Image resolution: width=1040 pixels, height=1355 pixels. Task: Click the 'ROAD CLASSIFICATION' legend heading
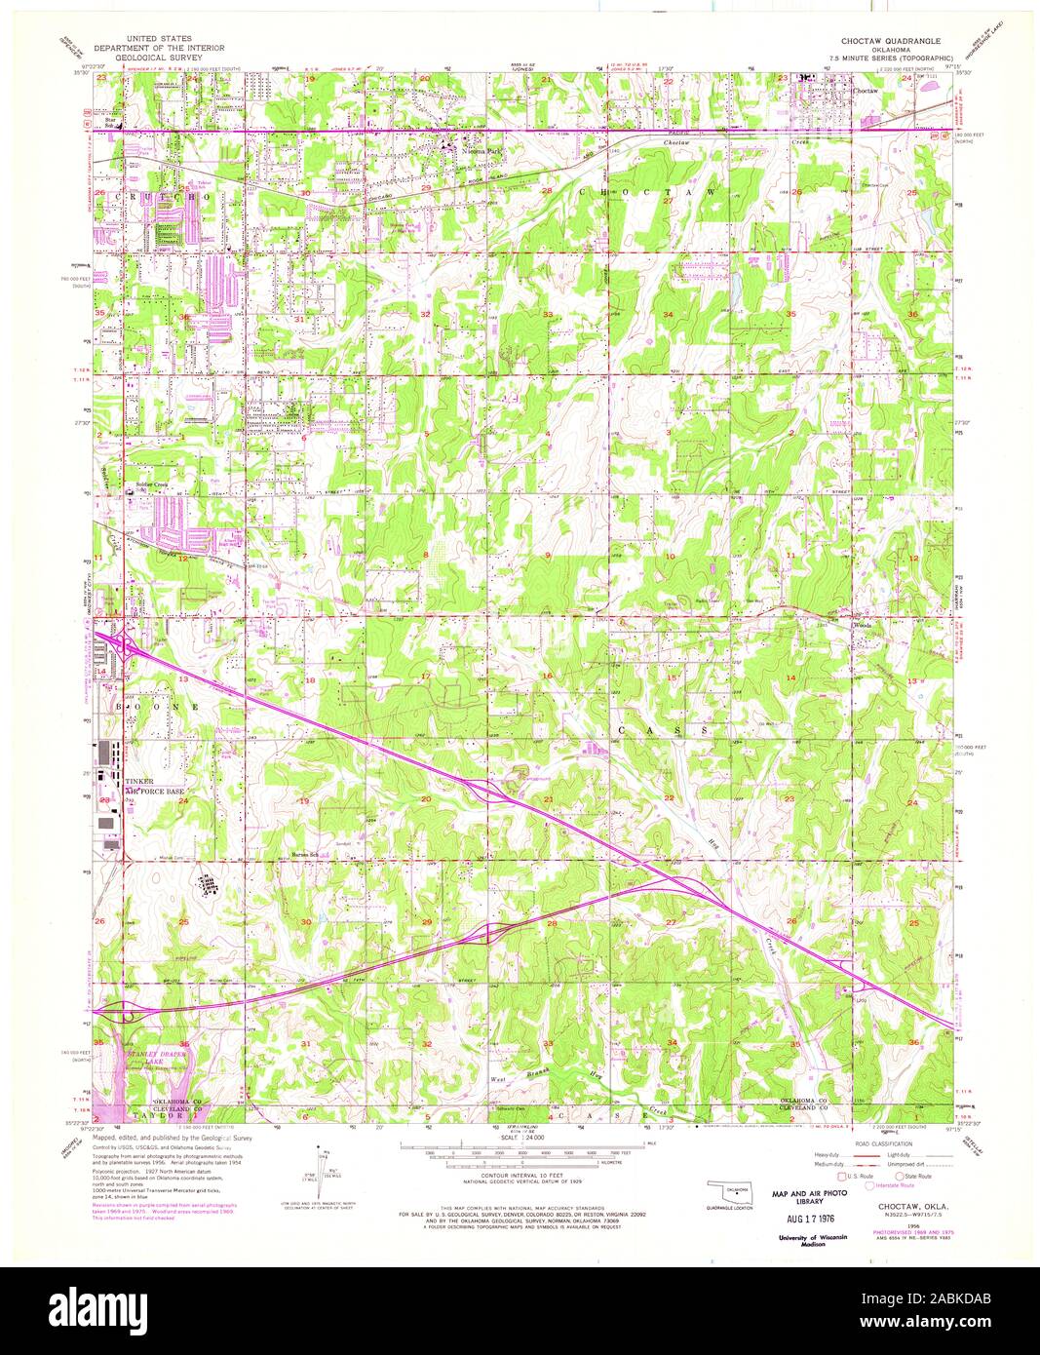point(882,1143)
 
